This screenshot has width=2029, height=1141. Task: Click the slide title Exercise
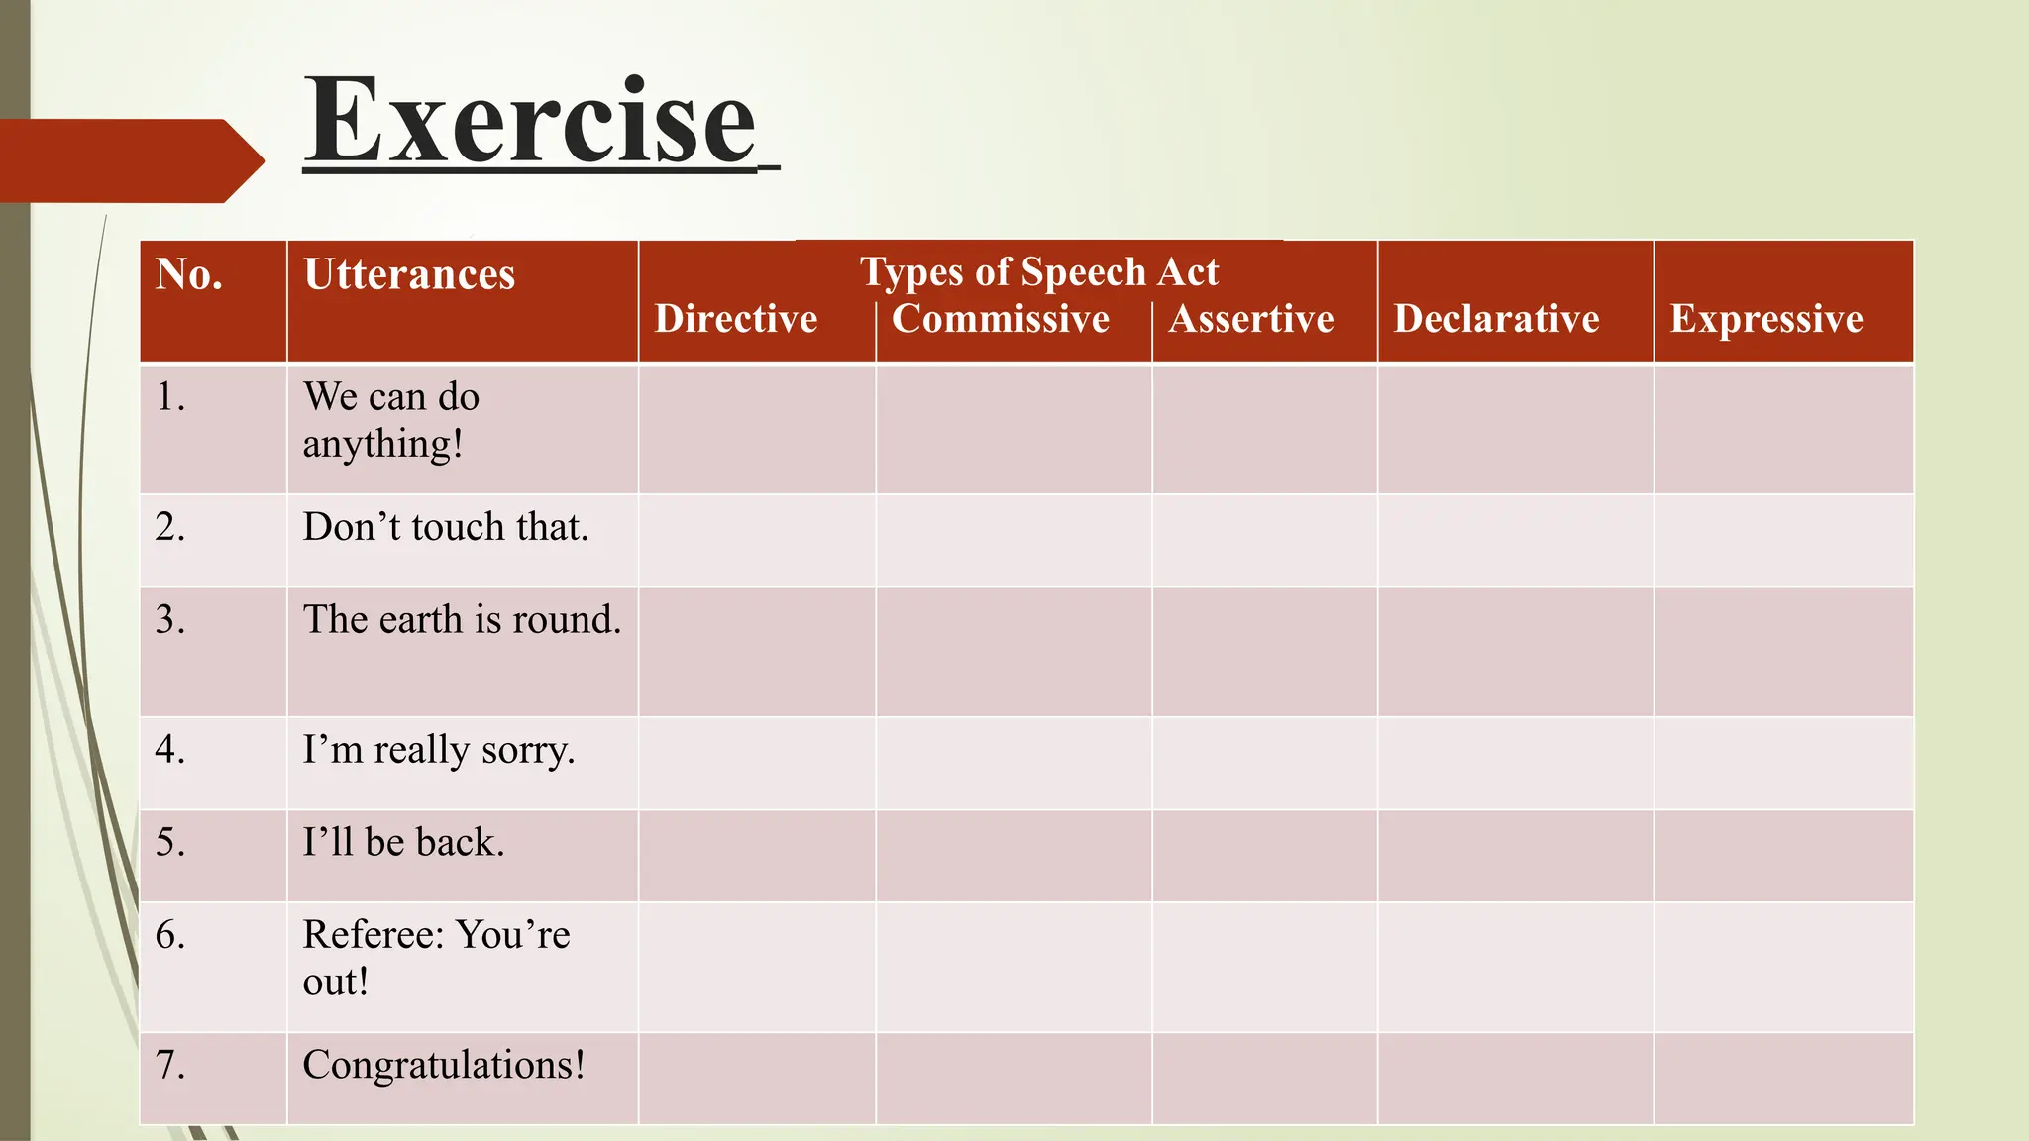click(529, 123)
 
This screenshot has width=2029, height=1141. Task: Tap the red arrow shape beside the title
click(129, 160)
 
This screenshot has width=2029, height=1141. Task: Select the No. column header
click(188, 274)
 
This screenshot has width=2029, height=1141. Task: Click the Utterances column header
click(408, 274)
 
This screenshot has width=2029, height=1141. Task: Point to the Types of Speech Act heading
click(1038, 271)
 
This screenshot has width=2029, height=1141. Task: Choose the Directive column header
click(735, 319)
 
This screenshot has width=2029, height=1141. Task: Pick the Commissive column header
click(1000, 319)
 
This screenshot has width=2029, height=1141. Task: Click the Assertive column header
click(1250, 319)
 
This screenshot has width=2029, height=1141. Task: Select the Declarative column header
click(1496, 319)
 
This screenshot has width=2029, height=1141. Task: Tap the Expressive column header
click(1766, 319)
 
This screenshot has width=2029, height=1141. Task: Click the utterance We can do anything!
click(390, 420)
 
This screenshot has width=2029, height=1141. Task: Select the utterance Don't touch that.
click(445, 527)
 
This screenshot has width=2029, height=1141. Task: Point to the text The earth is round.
click(462, 620)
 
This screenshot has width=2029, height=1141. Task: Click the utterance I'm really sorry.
click(438, 750)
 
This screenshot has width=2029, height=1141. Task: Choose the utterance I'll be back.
click(403, 843)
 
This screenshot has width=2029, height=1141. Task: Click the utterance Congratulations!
click(443, 1065)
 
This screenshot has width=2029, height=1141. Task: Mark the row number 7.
click(169, 1065)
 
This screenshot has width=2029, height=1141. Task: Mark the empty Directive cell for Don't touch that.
click(757, 541)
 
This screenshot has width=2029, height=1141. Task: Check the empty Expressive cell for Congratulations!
click(1783, 1079)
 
